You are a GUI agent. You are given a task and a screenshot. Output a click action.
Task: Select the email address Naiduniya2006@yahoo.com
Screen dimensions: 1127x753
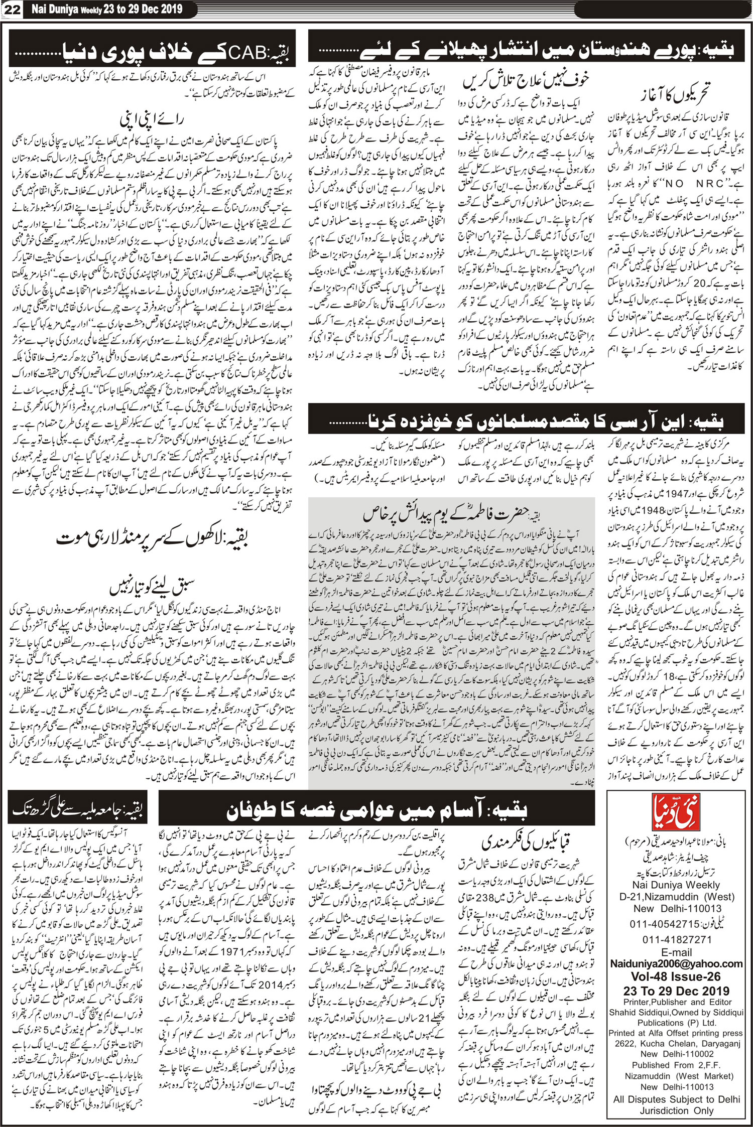(x=676, y=963)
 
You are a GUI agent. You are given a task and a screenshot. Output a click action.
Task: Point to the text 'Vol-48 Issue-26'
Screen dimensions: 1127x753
(x=676, y=976)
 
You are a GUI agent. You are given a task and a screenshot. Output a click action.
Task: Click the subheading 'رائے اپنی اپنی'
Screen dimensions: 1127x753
(x=152, y=119)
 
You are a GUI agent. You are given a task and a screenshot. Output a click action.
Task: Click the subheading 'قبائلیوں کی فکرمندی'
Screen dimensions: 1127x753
(x=526, y=841)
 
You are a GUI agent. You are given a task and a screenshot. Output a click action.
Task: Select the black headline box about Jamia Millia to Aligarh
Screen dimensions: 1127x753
(x=79, y=808)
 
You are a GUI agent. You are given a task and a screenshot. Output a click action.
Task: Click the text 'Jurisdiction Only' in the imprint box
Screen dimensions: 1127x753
(x=676, y=1111)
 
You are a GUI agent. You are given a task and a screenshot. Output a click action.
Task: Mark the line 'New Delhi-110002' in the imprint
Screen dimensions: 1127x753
(x=676, y=1054)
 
